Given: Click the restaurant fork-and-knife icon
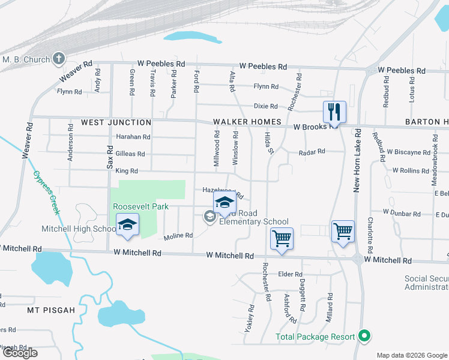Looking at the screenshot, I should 334,112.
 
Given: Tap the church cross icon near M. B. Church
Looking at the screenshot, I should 58,58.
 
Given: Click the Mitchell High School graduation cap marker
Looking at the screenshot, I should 127,225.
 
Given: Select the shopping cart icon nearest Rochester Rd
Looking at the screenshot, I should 282,239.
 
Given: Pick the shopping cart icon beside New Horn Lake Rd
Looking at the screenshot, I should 343,231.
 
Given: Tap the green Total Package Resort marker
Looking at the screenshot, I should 363,336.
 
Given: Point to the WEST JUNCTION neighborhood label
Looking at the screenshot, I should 116,122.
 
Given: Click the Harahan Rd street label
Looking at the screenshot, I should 133,137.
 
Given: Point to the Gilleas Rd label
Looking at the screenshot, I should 130,154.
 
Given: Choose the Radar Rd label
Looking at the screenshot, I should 312,152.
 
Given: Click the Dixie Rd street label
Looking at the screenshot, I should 265,106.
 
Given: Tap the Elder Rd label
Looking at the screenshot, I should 290,274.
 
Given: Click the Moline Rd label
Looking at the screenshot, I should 178,236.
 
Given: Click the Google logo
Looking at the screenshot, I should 20,353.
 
